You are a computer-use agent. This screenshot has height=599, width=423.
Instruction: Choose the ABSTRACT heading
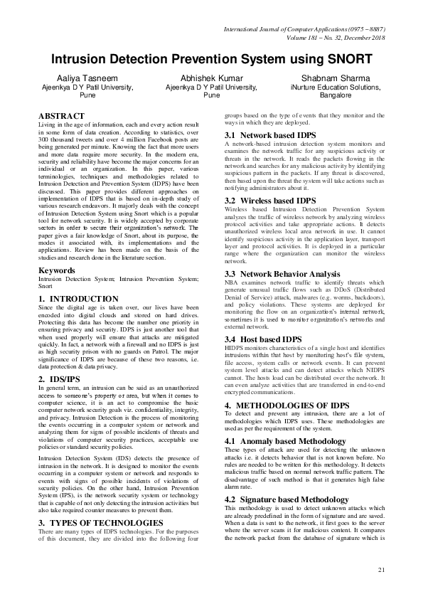(61, 115)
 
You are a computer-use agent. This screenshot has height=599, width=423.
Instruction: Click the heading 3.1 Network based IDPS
(270, 134)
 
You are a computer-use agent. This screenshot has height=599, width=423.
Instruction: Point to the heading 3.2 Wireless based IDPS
(270, 181)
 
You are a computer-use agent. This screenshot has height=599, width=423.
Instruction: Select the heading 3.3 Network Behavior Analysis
(283, 273)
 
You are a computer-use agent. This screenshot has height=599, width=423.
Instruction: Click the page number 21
(381, 570)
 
